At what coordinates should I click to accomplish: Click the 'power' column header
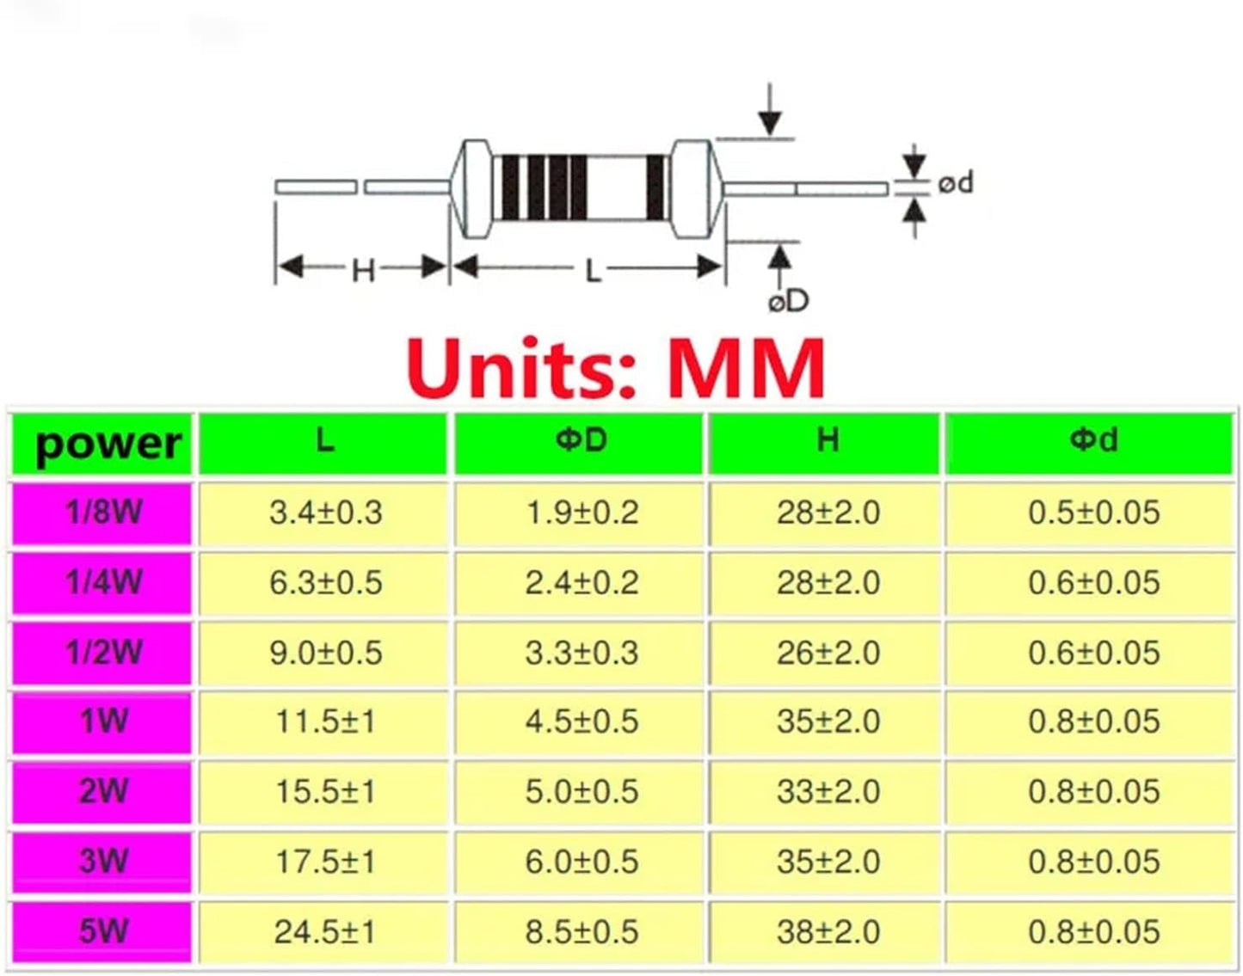(107, 443)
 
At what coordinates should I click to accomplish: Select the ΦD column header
(580, 441)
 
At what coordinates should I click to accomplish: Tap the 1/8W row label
(103, 512)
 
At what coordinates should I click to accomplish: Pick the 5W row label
(103, 931)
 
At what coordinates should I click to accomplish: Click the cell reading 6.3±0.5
(325, 583)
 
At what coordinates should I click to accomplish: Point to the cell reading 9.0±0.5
(325, 653)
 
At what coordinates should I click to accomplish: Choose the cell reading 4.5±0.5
(582, 721)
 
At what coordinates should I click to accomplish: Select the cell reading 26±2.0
(828, 653)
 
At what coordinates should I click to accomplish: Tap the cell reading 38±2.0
(828, 931)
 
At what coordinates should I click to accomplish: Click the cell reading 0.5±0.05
(1093, 512)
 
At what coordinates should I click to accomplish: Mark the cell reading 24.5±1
(325, 931)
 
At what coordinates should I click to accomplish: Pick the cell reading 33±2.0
(828, 791)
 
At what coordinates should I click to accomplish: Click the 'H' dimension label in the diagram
(363, 271)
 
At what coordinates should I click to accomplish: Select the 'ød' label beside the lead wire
(956, 183)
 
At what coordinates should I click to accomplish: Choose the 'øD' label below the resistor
(788, 301)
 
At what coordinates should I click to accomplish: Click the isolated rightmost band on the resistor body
(656, 187)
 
